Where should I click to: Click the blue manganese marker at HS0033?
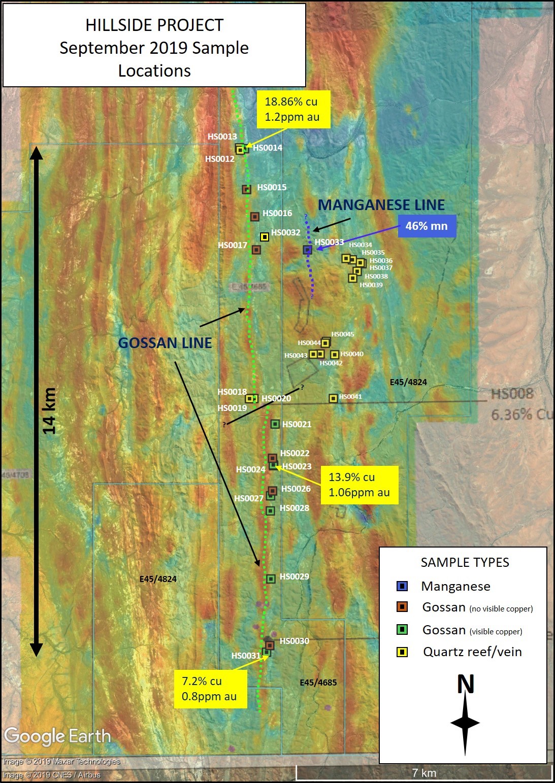(307, 250)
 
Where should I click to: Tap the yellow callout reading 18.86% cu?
(293, 109)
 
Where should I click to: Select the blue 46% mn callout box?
(427, 226)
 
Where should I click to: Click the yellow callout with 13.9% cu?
(360, 485)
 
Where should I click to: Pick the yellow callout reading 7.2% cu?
(209, 689)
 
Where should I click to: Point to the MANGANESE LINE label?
(381, 205)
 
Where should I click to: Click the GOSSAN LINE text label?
(165, 343)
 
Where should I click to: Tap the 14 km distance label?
(49, 411)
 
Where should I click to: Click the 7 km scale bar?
(424, 772)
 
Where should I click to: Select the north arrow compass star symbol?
(465, 723)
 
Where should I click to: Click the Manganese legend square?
(402, 586)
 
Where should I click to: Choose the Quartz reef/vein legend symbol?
(402, 652)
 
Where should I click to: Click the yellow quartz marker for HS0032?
(264, 237)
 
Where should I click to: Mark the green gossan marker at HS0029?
(271, 578)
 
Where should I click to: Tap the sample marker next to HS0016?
(255, 217)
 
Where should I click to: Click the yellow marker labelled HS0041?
(333, 398)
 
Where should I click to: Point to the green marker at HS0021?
(275, 424)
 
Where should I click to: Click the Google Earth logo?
(57, 736)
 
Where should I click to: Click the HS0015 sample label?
(272, 187)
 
